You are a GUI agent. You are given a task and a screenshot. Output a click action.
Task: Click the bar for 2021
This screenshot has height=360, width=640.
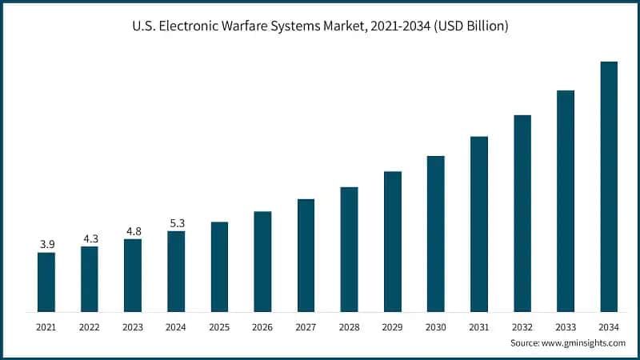(46, 282)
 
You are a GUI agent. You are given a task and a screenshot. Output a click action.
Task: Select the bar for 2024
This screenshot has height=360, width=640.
(176, 271)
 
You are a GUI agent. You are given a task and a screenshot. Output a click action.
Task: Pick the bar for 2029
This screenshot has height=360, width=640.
(392, 241)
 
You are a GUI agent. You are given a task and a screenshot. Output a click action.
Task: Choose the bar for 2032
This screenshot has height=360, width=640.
(522, 213)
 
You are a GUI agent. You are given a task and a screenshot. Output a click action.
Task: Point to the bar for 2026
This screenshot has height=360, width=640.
(262, 261)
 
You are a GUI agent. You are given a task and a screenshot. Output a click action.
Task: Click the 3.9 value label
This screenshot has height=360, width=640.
(46, 243)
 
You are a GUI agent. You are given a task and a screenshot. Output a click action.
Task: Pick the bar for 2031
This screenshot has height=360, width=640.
(479, 223)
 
